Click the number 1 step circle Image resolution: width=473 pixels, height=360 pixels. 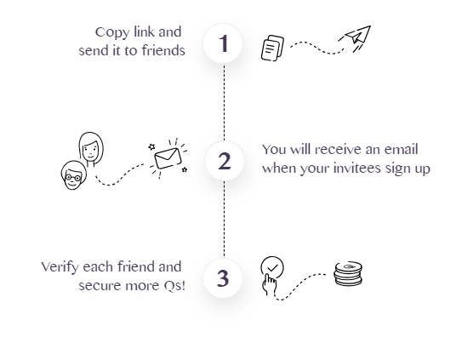tap(223, 43)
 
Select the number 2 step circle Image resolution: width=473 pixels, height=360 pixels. tap(224, 161)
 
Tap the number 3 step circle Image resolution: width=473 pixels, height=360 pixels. tap(223, 278)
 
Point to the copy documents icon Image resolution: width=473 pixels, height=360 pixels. tap(272, 48)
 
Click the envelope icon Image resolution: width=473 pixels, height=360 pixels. tap(168, 158)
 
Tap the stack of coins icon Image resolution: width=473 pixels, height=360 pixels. tap(348, 273)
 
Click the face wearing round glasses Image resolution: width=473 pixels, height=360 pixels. tap(73, 175)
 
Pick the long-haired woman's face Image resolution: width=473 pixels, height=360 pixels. tap(91, 148)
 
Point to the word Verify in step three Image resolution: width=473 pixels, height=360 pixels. tap(60, 267)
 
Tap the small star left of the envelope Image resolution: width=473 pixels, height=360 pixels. tap(151, 147)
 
